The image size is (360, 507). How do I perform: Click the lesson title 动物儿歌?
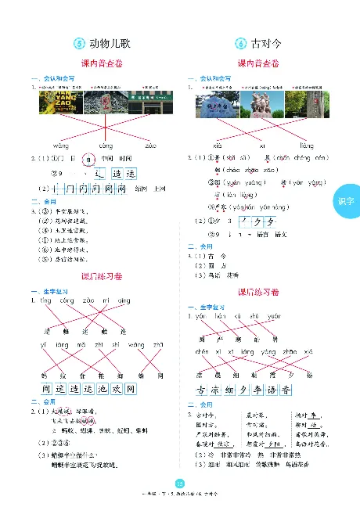110,44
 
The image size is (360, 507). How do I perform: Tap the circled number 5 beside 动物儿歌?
78,44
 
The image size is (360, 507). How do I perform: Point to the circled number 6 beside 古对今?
238,44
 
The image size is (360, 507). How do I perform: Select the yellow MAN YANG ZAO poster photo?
55,102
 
